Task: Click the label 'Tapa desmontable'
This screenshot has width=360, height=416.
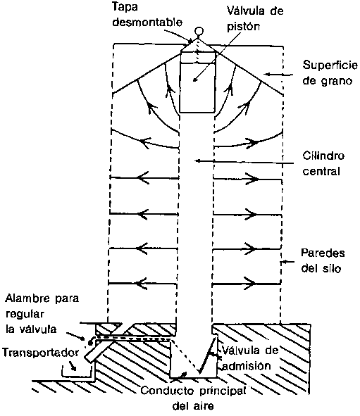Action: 148,14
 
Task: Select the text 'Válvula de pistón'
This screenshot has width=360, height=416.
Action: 255,18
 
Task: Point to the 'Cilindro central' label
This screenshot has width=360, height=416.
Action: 323,163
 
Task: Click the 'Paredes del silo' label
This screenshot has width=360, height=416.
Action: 323,260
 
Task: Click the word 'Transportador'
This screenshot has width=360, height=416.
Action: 40,353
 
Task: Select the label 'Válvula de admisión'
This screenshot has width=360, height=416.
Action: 250,358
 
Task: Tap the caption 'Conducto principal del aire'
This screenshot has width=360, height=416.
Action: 193,398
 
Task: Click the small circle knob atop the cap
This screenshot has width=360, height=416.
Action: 199,31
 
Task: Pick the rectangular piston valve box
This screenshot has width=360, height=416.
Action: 197,82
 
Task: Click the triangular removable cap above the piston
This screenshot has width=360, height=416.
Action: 197,45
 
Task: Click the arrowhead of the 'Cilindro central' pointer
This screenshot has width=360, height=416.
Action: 197,160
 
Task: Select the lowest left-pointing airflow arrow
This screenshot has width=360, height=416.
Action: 142,284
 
